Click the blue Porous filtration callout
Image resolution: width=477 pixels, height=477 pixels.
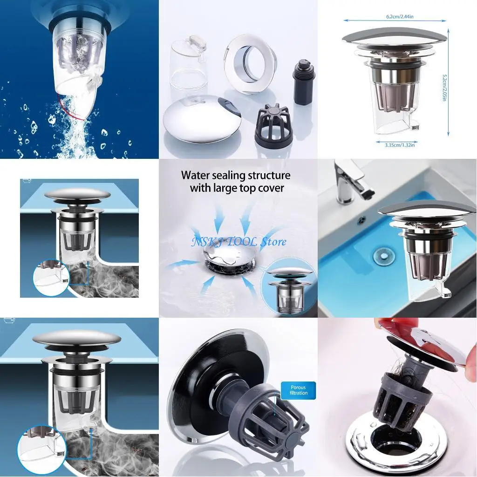(299, 389)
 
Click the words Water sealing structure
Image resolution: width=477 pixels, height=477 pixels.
(236, 176)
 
